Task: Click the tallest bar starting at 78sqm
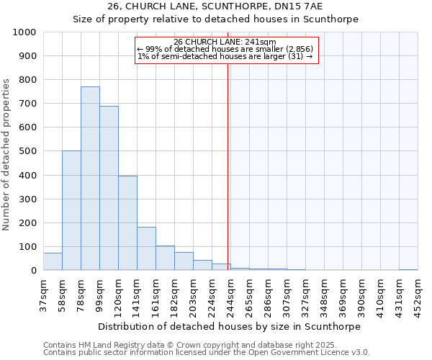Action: [90, 179]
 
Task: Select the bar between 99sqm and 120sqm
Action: [109, 189]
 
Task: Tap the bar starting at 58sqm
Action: [71, 210]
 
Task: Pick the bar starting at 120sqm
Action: [127, 223]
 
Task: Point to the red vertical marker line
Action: [228, 166]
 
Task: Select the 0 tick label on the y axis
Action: [33, 271]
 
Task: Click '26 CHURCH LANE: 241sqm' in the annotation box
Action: [225, 42]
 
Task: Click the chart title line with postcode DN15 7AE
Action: [215, 6]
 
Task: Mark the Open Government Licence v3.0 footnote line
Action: [207, 353]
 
